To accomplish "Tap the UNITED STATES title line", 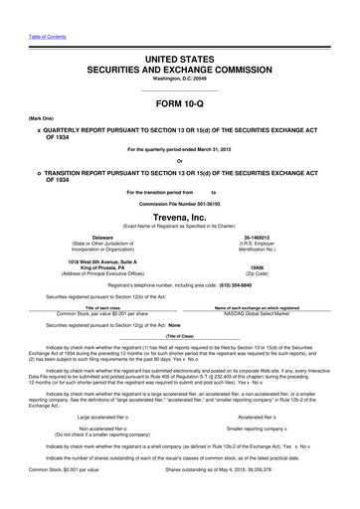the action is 179,34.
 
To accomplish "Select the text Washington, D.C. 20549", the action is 179,58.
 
